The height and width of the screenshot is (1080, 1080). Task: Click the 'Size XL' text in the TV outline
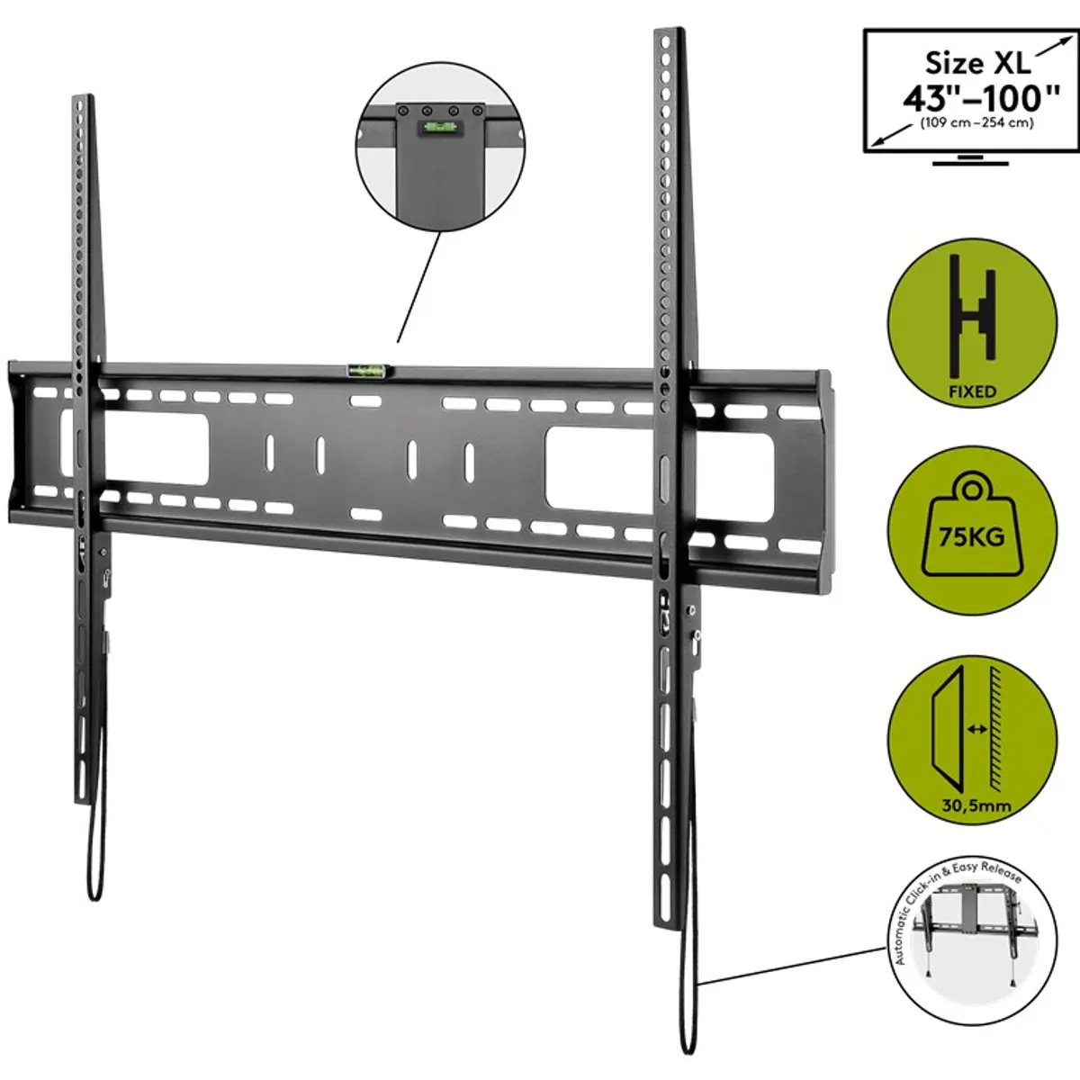[977, 63]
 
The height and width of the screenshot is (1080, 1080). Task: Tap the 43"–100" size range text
[981, 98]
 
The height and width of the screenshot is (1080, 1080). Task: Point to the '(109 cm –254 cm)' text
[976, 122]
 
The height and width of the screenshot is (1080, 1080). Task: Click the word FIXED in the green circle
[972, 391]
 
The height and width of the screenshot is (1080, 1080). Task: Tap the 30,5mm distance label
[976, 805]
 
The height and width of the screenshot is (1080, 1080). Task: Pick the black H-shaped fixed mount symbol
[972, 316]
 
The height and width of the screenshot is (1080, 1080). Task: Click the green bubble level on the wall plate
[369, 370]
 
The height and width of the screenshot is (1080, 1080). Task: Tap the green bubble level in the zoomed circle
[439, 127]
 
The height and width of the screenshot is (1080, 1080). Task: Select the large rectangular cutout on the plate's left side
[134, 447]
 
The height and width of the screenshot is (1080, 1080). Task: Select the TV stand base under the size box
[970, 161]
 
